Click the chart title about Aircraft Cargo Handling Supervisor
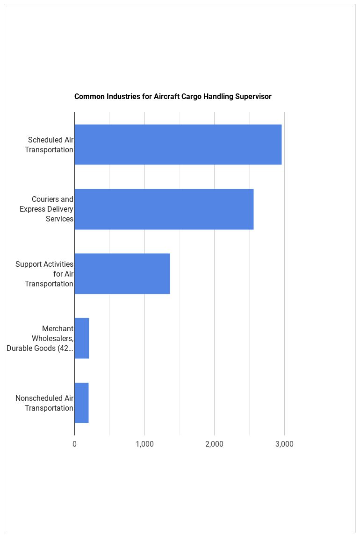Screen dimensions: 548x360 (x=173, y=97)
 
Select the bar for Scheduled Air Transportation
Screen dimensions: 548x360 (x=178, y=144)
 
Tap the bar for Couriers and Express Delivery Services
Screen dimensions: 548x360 (x=164, y=209)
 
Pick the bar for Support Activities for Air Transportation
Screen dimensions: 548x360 (x=122, y=273)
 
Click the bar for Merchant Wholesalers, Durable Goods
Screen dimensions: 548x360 (x=82, y=338)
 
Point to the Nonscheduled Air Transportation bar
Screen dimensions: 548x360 (x=81, y=403)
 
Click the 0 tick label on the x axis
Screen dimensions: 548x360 (x=74, y=444)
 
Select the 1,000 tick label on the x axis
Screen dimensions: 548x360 (x=144, y=444)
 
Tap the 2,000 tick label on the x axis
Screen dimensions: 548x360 (x=214, y=444)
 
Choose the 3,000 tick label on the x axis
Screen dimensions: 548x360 (x=284, y=444)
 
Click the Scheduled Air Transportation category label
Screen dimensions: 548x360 (x=49, y=145)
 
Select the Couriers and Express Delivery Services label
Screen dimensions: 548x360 (x=46, y=209)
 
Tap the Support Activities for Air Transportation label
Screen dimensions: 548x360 (x=44, y=274)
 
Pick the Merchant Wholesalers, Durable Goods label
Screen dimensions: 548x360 (x=40, y=338)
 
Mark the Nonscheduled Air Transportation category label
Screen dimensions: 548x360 (x=44, y=403)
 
